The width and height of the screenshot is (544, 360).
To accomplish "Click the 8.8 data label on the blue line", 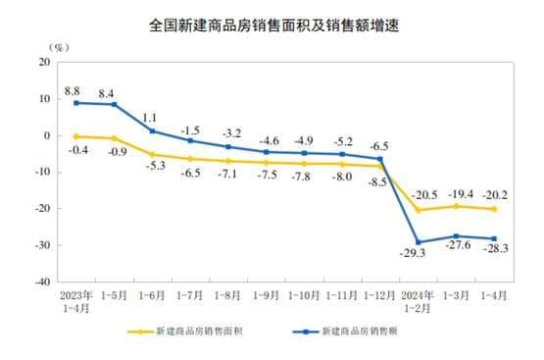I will click(73, 90).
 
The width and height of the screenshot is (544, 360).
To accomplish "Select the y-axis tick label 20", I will click(45, 62).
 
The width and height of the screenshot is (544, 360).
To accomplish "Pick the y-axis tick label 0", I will click(47, 135).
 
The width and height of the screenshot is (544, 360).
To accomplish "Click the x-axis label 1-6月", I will click(152, 294).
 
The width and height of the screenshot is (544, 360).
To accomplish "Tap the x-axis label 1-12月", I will click(378, 294).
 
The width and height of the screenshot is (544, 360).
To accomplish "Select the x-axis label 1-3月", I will click(455, 294).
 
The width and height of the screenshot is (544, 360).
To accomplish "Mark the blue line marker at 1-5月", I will click(115, 104).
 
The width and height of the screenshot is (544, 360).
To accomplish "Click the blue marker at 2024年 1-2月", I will click(418, 242).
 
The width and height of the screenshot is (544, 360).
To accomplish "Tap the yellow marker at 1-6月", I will click(152, 154).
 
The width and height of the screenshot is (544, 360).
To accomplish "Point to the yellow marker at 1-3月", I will click(456, 206).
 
